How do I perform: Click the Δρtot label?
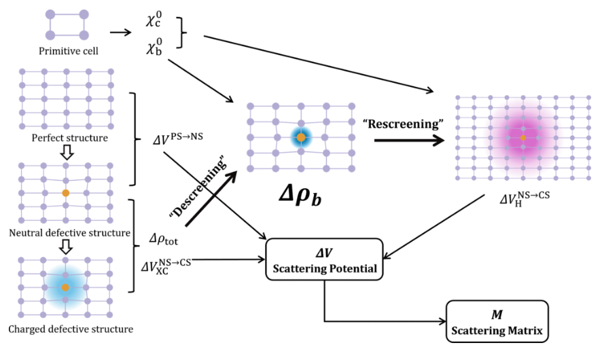tap(164, 240)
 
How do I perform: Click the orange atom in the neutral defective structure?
tap(66, 193)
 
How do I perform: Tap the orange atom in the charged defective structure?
tap(65, 288)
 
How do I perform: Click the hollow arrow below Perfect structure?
tap(65, 153)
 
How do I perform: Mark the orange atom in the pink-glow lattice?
tap(523, 138)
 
